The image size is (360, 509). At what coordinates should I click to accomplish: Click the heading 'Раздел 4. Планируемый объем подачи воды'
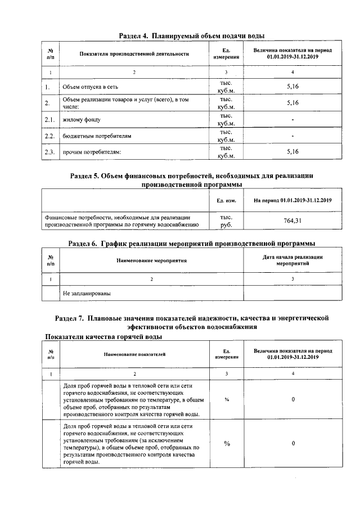[191, 36]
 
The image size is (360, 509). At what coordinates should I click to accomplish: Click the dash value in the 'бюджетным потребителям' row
[292, 136]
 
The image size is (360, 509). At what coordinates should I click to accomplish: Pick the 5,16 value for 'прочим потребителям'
[292, 152]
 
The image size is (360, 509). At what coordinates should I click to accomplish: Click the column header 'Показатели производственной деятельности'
[134, 54]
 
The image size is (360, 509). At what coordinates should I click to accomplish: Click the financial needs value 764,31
[292, 220]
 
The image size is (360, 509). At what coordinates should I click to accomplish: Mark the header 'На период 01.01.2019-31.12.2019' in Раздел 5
[292, 200]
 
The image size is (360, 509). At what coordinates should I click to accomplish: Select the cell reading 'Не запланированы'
[87, 293]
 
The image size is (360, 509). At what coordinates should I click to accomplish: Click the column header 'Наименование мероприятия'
[151, 260]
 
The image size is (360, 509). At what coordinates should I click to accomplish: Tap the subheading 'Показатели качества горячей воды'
[104, 337]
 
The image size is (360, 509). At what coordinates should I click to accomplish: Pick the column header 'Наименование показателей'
[134, 354]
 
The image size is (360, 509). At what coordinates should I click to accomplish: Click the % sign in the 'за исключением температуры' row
[227, 444]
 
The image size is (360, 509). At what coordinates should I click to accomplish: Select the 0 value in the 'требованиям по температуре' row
[293, 399]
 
